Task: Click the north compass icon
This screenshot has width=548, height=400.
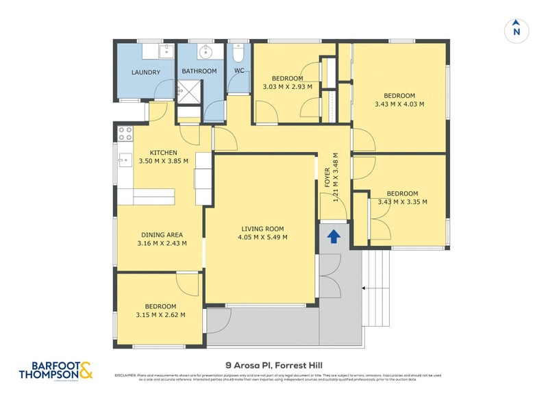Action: pos(516,30)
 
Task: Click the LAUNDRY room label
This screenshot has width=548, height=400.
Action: pos(145,73)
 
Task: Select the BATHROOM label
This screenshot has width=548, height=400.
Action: pos(199,71)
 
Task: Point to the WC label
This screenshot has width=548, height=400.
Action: pos(239,71)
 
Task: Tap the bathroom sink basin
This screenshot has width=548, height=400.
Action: pos(205,52)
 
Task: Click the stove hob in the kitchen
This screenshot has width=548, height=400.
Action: pos(125,133)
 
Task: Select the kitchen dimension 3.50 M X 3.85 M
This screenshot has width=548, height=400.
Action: pos(163,162)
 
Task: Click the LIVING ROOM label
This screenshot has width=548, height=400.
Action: pos(262,229)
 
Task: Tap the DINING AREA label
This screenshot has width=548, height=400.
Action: pos(162,234)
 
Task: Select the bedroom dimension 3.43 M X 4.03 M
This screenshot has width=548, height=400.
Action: pos(399,104)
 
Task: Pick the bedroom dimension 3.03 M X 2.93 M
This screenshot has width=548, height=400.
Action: pos(287,87)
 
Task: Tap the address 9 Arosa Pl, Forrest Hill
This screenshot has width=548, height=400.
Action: pos(274,366)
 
